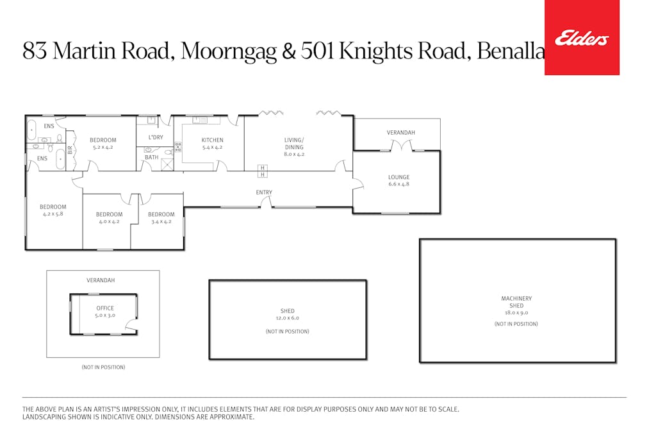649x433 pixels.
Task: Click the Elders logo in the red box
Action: tap(581, 38)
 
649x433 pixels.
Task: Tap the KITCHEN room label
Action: tap(212, 140)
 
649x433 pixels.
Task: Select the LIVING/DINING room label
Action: tap(294, 143)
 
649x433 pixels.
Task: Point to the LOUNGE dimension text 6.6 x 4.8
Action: tap(398, 184)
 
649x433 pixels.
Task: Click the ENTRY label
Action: tap(264, 192)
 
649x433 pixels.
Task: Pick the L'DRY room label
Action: tap(155, 137)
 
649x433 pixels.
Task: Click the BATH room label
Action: tap(151, 157)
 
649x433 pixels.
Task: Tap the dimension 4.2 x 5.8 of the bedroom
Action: tap(53, 214)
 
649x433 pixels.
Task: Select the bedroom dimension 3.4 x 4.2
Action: tap(161, 222)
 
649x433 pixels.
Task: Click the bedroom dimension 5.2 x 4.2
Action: tap(103, 147)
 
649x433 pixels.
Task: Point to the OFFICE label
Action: tap(105, 308)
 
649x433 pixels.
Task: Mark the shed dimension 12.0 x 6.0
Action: tap(287, 318)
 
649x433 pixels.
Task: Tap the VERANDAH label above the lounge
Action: tap(400, 133)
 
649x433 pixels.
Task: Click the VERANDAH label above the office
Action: tap(101, 280)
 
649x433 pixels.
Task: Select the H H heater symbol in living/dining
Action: tap(262, 171)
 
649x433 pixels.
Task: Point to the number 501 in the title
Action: tap(318, 51)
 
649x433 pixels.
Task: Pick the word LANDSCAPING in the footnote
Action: tap(44, 417)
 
